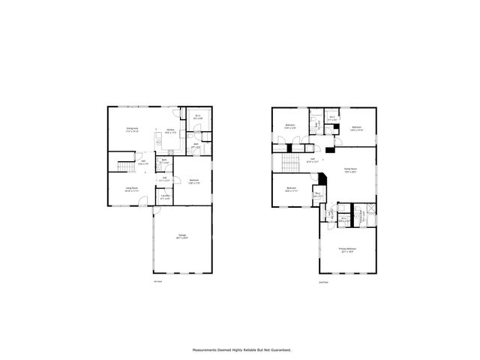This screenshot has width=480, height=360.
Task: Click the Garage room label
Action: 182,237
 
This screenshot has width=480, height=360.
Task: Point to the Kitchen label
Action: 170,130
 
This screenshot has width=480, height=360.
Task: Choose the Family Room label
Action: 350,171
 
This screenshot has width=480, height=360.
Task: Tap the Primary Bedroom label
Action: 346,250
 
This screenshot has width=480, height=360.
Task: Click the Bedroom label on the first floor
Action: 194,181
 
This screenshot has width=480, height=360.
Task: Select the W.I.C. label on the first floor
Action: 198,117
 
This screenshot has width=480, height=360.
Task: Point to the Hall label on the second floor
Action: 313,159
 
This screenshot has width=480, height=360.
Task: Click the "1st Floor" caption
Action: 157,282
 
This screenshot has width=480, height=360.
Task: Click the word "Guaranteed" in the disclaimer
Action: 274,349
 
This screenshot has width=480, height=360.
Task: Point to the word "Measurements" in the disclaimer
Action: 205,349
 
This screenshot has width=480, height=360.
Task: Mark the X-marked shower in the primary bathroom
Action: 369,211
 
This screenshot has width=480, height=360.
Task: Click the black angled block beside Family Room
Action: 322,180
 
